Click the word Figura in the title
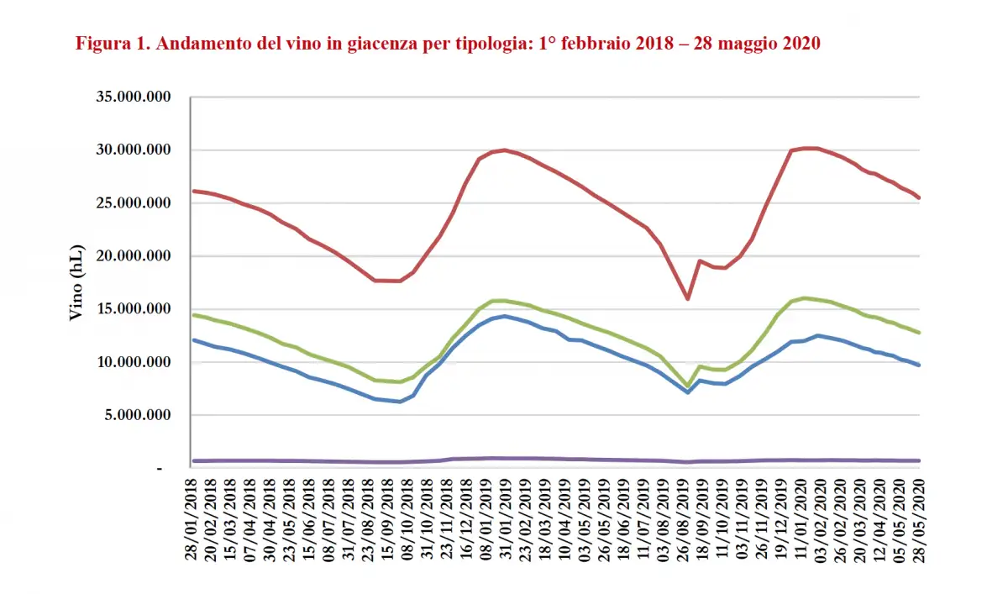(103, 44)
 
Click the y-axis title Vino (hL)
(75, 284)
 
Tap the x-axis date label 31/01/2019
(505, 522)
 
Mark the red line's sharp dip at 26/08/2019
(688, 298)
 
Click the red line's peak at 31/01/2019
(504, 150)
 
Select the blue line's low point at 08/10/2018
(400, 402)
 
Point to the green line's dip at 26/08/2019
(688, 386)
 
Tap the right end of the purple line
(919, 460)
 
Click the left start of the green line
(194, 315)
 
